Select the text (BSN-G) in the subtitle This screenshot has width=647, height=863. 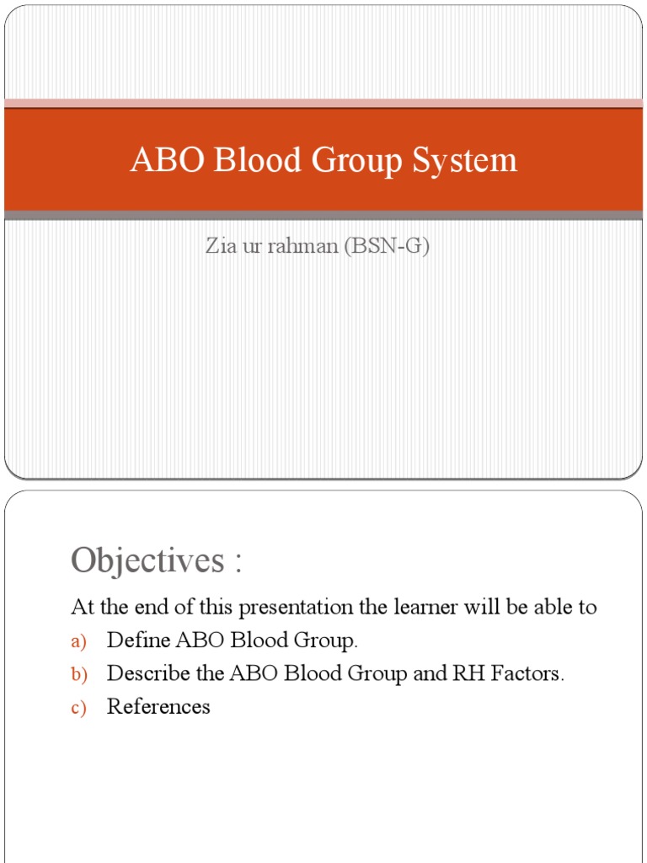(387, 248)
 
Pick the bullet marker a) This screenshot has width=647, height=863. (78, 641)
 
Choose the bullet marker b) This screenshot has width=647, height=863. (78, 674)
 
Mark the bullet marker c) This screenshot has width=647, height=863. (78, 708)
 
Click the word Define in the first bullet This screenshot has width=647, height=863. (138, 641)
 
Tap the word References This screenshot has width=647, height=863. (158, 706)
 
